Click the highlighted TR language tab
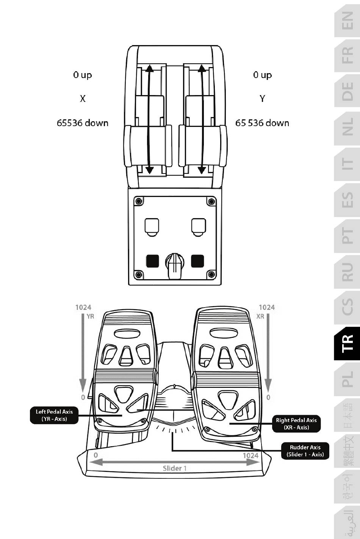(x=347, y=343)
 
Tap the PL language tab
(x=347, y=378)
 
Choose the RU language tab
(x=347, y=272)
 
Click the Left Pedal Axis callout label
(x=54, y=415)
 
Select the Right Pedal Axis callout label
(x=296, y=423)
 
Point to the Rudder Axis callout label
(x=305, y=451)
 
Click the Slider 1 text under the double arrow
(x=175, y=468)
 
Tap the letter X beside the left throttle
(x=83, y=98)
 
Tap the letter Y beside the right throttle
(x=262, y=98)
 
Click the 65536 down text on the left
(x=83, y=123)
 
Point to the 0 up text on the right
(x=262, y=75)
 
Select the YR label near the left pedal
(x=90, y=316)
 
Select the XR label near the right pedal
(x=260, y=316)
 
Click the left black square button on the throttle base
(x=152, y=261)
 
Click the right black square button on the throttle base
(x=197, y=261)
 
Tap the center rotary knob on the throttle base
(x=175, y=262)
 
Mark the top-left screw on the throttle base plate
(x=139, y=201)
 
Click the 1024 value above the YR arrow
(x=83, y=307)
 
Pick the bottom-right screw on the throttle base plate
(x=211, y=274)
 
